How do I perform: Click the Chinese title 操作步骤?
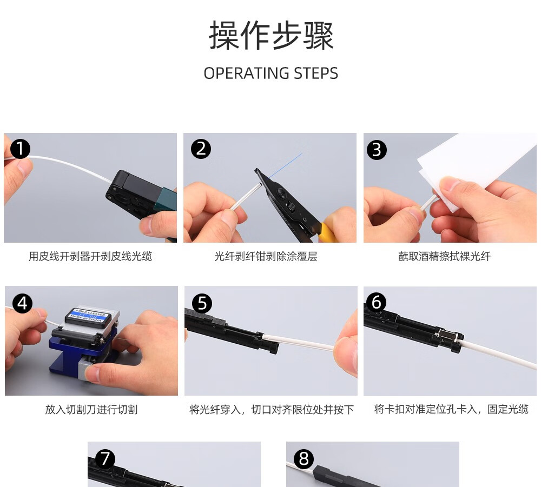pos(271,35)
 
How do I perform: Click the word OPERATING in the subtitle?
pos(246,74)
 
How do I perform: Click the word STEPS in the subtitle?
pos(316,74)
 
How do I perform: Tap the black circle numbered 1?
pos(21,149)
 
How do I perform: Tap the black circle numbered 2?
pos(201,149)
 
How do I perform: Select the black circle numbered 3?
pos(377,150)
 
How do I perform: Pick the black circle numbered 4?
pos(22,303)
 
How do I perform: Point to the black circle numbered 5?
pos(202,303)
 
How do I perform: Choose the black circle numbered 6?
pos(377,302)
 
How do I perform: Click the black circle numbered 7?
pos(105,459)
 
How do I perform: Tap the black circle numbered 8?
pos(304,459)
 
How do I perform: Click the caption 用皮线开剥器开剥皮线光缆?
pos(90,256)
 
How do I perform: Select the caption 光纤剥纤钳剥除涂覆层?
pos(266,256)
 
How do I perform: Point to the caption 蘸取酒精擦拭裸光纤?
pos(444,256)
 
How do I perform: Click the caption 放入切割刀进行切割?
pos(91,410)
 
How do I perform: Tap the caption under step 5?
pos(272,410)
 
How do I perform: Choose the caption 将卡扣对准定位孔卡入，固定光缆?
pos(451,409)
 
